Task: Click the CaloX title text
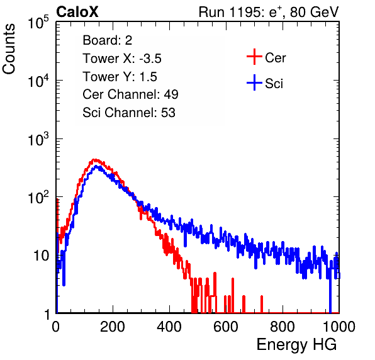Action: point(77,12)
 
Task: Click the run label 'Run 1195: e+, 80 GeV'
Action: point(269,12)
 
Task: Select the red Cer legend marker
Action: point(254,57)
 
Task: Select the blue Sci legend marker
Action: point(254,83)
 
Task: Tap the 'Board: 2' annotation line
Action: point(108,40)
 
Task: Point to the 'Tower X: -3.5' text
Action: point(122,59)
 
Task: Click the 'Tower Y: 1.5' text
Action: point(120,77)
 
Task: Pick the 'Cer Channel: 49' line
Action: point(130,94)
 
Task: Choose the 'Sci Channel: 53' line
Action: point(129,113)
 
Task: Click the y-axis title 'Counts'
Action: point(9,49)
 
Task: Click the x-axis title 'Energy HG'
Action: point(296,345)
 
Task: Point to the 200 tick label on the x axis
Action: point(113,327)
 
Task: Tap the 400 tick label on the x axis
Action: point(169,327)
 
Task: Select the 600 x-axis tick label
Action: point(226,327)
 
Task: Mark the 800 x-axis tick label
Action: point(283,327)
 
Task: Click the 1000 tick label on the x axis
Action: point(339,327)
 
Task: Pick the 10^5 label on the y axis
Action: point(38,22)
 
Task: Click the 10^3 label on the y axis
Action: point(38,138)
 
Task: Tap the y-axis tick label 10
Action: point(42,256)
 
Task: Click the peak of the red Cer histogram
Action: point(95,160)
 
